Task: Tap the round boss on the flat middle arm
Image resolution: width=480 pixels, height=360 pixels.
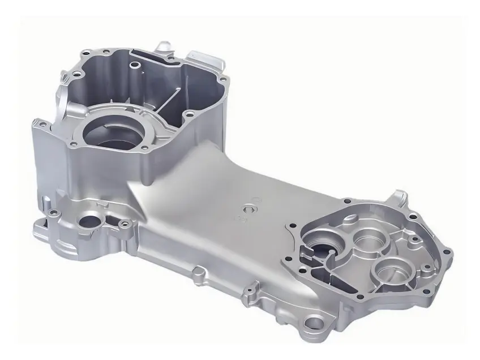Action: click(x=247, y=209)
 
